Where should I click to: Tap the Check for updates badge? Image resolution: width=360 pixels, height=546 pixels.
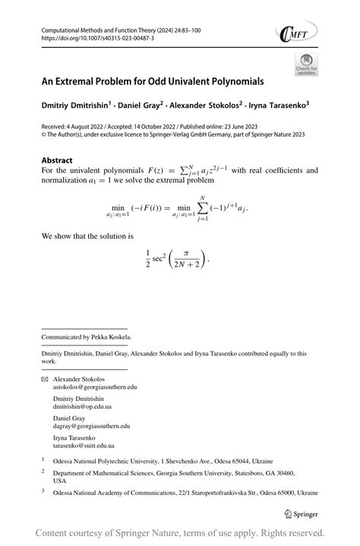(306, 65)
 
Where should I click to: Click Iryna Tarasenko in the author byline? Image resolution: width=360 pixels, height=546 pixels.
(276, 106)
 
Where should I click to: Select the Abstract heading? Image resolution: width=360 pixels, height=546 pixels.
(57, 160)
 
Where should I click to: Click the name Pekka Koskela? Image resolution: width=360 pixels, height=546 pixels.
(111, 337)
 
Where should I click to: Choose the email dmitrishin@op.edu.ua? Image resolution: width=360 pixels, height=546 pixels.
(82, 407)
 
